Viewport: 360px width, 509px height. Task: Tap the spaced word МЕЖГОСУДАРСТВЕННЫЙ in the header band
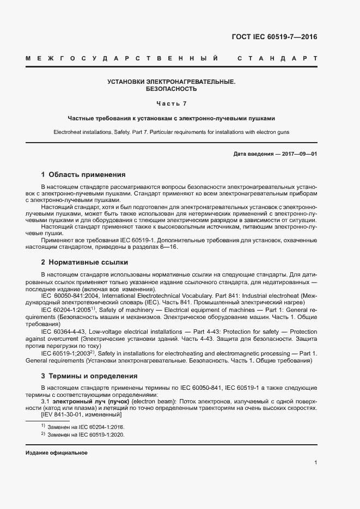point(122,58)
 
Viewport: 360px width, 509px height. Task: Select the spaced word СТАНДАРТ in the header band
point(277,58)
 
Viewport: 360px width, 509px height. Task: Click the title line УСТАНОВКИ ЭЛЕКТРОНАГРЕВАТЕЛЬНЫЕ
point(172,82)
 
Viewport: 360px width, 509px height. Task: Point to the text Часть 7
point(172,103)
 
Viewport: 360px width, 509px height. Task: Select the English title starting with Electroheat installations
point(172,132)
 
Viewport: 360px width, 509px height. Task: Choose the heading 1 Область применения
point(83,175)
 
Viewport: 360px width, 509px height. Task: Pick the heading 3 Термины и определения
point(89,376)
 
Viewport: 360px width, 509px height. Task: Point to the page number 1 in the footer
point(316,463)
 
